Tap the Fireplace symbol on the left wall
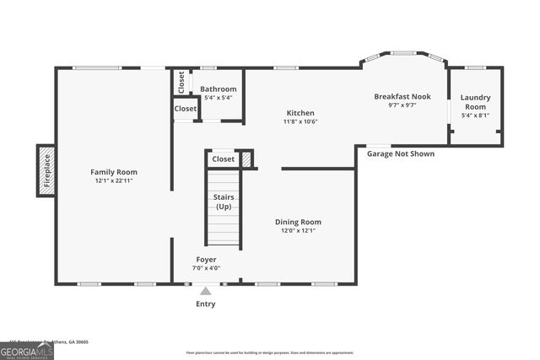[46, 170]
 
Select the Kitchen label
[300, 113]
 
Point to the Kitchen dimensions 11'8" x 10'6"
[300, 121]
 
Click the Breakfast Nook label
[402, 97]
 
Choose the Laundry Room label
[474, 102]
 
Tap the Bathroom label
[218, 89]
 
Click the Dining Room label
[298, 222]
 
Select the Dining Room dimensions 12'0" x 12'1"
[298, 230]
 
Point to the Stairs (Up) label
[224, 201]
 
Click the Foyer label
[206, 260]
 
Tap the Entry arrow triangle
[206, 291]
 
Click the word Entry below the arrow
[206, 304]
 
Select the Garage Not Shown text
[401, 154]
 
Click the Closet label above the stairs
[224, 159]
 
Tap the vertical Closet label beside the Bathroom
[181, 82]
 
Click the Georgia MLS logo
[27, 352]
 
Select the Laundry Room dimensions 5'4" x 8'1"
[474, 116]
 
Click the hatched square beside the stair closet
[246, 159]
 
